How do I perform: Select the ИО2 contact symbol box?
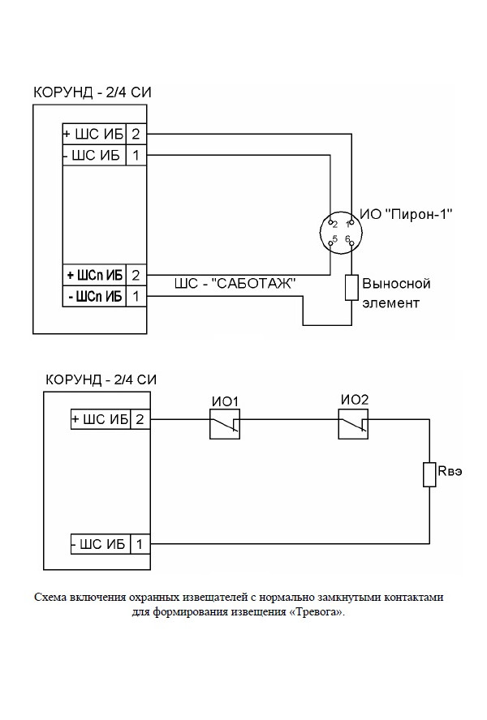pyautogui.click(x=353, y=423)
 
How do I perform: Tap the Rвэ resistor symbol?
pyautogui.click(x=429, y=474)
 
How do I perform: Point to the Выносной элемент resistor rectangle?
pyautogui.click(x=351, y=288)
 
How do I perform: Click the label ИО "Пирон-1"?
pyautogui.click(x=405, y=214)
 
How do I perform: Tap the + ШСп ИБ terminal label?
pyautogui.click(x=94, y=276)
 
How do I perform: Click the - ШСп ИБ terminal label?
pyautogui.click(x=94, y=297)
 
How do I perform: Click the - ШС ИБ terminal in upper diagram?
pyautogui.click(x=94, y=154)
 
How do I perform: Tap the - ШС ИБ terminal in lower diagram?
pyautogui.click(x=101, y=545)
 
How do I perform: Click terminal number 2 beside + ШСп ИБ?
pyautogui.click(x=136, y=276)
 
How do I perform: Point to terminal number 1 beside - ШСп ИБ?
pyautogui.click(x=136, y=297)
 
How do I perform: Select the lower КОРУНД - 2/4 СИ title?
pyautogui.click(x=101, y=379)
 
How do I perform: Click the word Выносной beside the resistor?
pyautogui.click(x=395, y=285)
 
